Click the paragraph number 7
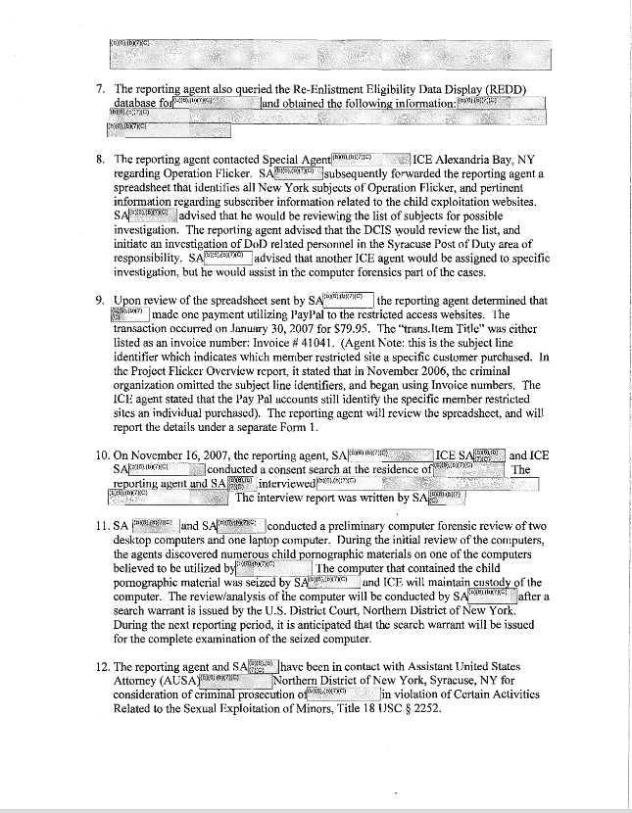coord(101,88)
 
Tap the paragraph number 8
coord(101,158)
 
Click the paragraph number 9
coord(101,300)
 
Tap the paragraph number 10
coord(102,454)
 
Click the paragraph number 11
coord(102,525)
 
